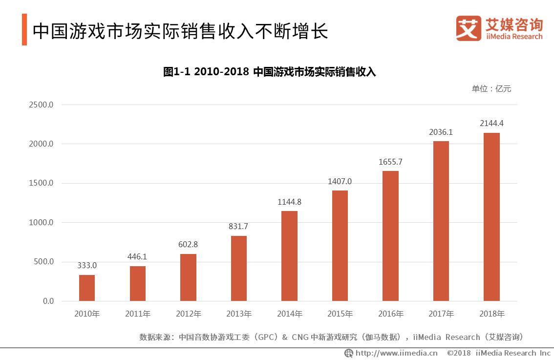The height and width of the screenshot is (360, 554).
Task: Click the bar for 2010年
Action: pos(87,288)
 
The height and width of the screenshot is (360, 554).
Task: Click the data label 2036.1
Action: pos(441,132)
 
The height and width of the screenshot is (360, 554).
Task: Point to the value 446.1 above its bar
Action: pos(138,256)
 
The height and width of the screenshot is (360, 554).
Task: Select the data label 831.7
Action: pos(238,226)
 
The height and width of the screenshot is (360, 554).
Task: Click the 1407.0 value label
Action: pos(340,181)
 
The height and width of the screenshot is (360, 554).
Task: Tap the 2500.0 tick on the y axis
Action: pos(41,105)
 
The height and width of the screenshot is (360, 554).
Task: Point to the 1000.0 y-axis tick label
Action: pos(41,223)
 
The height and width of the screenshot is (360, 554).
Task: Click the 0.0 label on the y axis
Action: pos(48,301)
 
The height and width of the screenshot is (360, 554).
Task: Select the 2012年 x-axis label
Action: pos(188,314)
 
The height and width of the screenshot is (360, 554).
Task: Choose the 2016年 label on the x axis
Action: pos(390,314)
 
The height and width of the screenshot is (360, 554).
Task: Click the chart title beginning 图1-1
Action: pos(269,72)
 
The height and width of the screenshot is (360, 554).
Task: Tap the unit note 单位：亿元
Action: pos(491,89)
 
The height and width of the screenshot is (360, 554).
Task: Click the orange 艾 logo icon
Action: pos(469,28)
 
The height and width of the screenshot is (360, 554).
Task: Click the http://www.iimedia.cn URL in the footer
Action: pos(396,353)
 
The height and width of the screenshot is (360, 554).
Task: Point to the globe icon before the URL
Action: pos(348,353)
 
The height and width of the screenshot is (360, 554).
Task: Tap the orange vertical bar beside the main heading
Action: pos(24,30)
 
